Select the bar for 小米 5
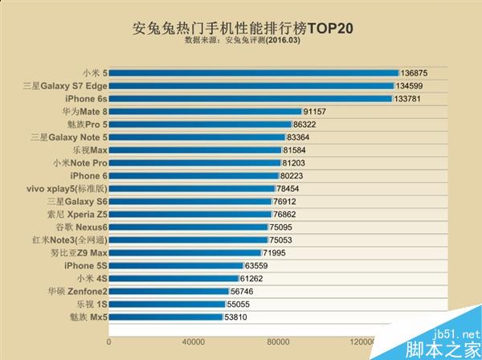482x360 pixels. [254, 72]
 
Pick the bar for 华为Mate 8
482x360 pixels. [206, 112]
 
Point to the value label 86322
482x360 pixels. [309, 125]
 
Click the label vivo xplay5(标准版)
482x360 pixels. [67, 189]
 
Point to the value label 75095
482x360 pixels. [286, 227]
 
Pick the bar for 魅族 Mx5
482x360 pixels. [165, 317]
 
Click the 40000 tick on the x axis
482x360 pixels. [194, 342]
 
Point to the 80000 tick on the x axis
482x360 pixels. [278, 342]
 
